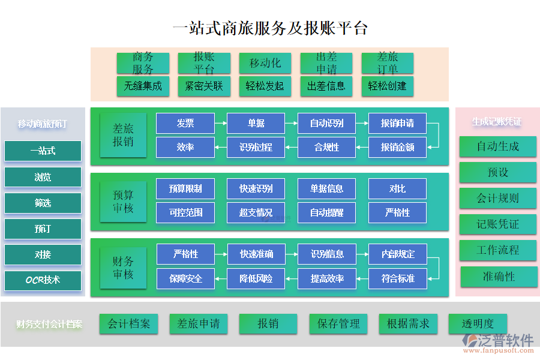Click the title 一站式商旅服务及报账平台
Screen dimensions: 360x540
(x=269, y=28)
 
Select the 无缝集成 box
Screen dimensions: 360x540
(x=143, y=86)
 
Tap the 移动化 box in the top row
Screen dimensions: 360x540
(x=265, y=63)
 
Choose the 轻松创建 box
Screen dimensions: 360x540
(x=387, y=86)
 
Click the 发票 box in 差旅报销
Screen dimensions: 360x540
(x=185, y=123)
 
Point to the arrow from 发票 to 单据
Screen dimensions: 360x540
(x=220, y=124)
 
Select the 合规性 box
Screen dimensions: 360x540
(x=326, y=147)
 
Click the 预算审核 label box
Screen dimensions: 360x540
(x=123, y=202)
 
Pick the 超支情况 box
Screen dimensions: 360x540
(x=256, y=212)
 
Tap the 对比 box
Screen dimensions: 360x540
(x=397, y=188)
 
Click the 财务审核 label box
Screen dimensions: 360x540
(x=123, y=268)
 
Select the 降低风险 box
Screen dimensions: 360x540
(x=256, y=278)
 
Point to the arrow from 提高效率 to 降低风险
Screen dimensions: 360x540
(x=291, y=278)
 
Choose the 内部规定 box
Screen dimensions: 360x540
(x=397, y=254)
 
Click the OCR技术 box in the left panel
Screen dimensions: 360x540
(x=43, y=280)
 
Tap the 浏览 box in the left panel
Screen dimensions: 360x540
(x=43, y=177)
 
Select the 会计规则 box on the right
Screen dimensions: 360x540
(x=497, y=198)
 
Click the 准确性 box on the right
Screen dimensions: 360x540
(x=498, y=277)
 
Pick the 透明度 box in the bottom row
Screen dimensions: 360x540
(x=478, y=324)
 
